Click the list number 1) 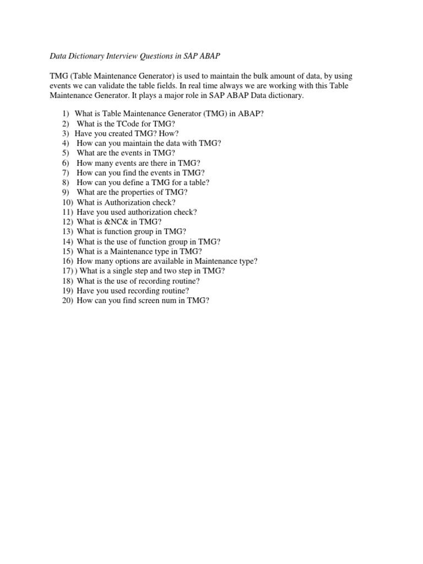[x=66, y=113]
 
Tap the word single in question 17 [x=126, y=271]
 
